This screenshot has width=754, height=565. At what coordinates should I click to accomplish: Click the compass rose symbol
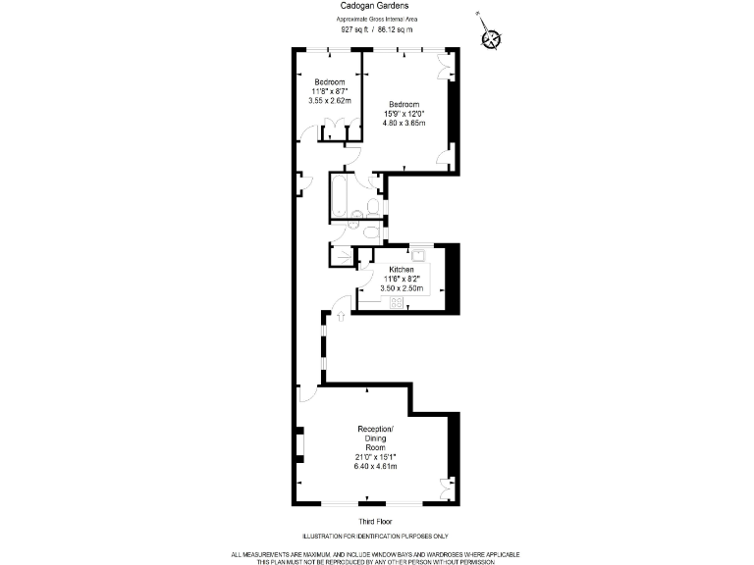[490, 38]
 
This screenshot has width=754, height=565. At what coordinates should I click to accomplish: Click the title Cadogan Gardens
[376, 6]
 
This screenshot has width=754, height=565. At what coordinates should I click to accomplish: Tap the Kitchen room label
[402, 269]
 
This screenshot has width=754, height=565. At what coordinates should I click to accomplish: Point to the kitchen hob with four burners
[399, 303]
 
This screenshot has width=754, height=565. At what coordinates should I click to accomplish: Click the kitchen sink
[417, 256]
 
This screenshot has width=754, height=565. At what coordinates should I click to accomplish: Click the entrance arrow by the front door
[340, 316]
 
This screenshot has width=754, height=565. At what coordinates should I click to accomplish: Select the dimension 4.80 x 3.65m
[404, 124]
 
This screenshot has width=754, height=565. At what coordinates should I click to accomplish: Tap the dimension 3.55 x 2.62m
[329, 100]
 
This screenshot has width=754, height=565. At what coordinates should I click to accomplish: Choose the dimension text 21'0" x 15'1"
[376, 456]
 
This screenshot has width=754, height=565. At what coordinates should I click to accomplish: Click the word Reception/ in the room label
[376, 430]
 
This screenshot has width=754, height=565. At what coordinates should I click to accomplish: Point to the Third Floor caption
[376, 521]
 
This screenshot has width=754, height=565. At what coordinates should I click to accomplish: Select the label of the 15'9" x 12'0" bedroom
[404, 104]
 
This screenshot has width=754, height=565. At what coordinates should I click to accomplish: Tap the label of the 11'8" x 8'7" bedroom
[329, 80]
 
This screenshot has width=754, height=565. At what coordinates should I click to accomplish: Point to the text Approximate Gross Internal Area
[376, 19]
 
